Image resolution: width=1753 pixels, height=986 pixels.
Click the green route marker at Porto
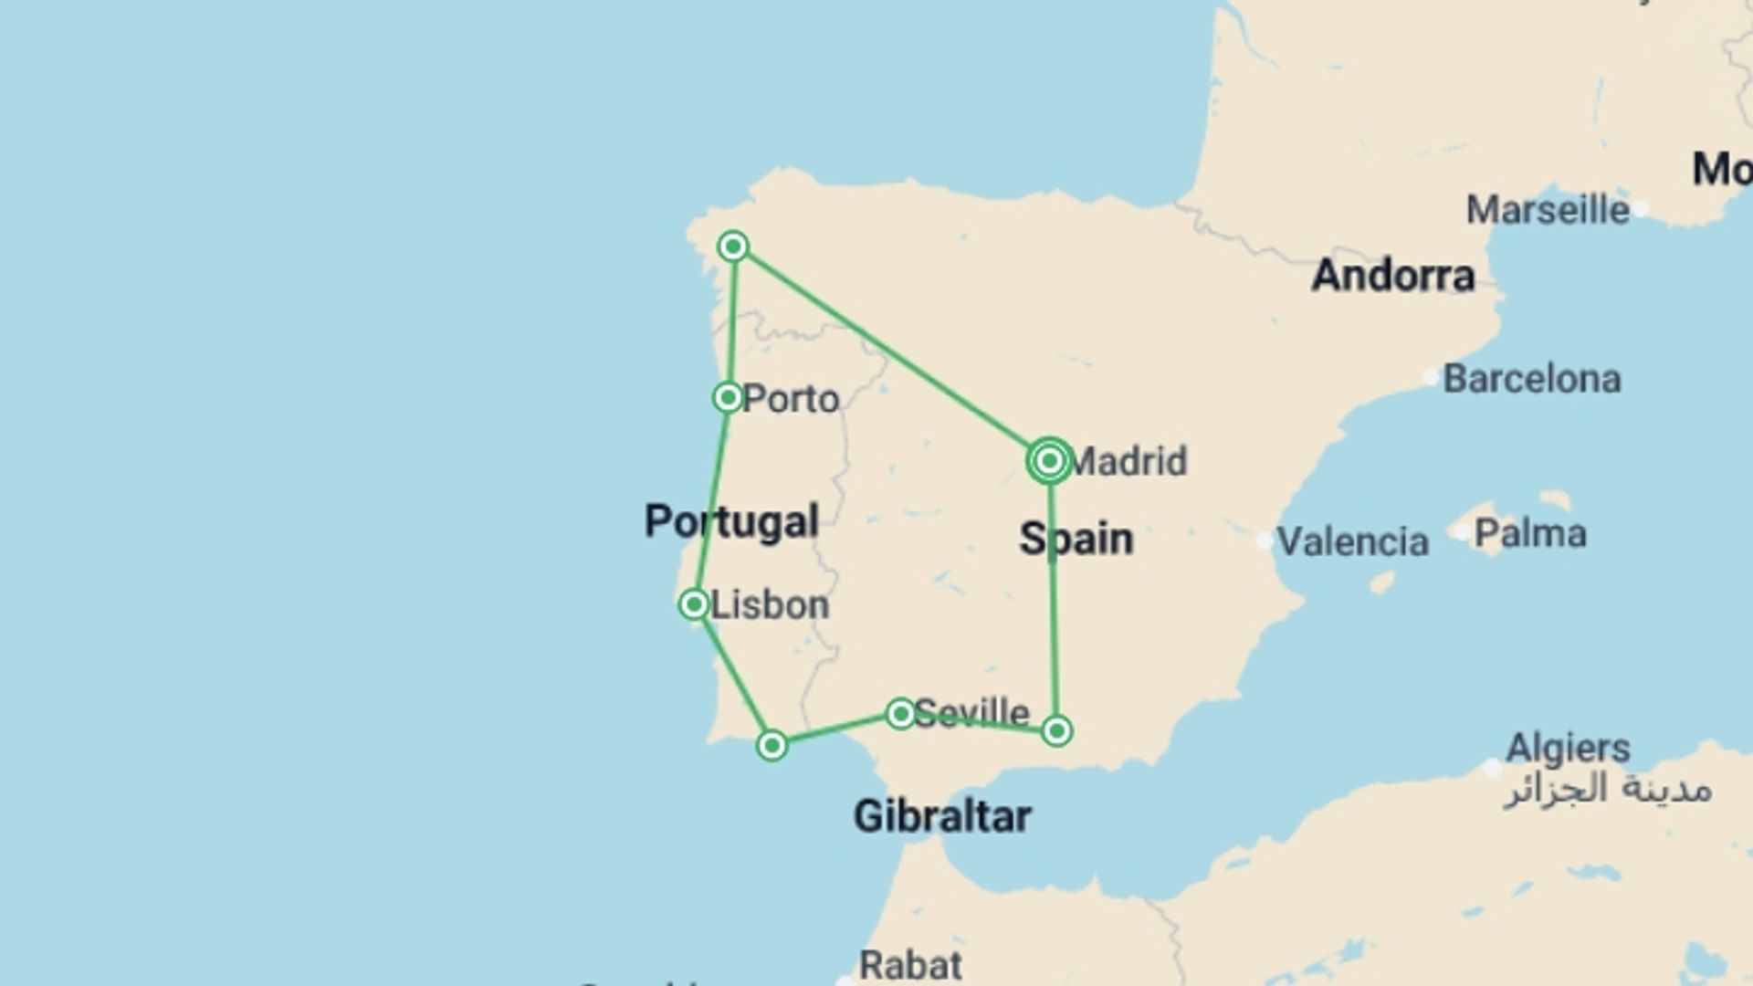(728, 398)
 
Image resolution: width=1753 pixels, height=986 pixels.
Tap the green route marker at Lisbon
(694, 604)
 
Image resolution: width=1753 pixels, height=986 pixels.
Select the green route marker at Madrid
(1049, 461)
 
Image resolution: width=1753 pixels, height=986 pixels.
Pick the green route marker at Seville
(900, 713)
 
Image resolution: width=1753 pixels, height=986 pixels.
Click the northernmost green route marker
(733, 246)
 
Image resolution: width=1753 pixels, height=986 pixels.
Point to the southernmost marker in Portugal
(772, 746)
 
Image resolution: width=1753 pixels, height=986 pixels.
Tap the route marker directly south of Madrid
(1056, 730)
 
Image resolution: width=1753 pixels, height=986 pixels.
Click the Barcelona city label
(1532, 379)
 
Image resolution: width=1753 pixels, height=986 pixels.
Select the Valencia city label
(1352, 542)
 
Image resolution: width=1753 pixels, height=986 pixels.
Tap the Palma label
(1530, 533)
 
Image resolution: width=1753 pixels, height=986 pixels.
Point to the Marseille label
(1548, 210)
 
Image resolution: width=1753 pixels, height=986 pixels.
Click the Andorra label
(1393, 276)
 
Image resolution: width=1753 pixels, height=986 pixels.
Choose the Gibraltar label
(942, 816)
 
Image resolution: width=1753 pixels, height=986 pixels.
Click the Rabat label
(910, 965)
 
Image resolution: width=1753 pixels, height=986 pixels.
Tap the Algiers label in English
(1568, 749)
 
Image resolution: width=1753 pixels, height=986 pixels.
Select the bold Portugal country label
(731, 521)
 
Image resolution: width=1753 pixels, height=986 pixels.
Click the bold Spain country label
(1076, 539)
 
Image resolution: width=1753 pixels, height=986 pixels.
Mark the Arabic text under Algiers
(1608, 789)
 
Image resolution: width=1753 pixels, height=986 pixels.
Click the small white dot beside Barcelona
(1431, 378)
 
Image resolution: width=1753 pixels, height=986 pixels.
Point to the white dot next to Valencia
(1265, 541)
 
